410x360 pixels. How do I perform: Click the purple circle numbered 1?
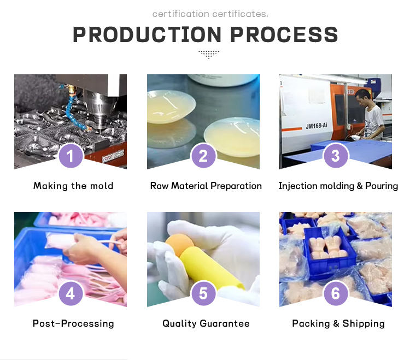[x=71, y=156]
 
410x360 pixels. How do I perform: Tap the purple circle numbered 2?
[x=203, y=156]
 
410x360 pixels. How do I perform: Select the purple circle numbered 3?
[x=336, y=156]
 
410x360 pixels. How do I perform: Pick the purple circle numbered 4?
[x=71, y=293]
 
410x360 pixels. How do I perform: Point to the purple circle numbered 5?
[x=203, y=293]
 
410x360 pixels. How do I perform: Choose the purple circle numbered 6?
[x=336, y=293]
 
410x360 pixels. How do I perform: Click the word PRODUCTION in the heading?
[x=147, y=34]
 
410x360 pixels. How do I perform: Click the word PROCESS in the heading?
[x=284, y=34]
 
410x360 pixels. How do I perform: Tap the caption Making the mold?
[x=73, y=186]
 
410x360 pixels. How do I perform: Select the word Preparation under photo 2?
[x=236, y=186]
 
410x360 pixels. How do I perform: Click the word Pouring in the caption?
[x=382, y=186]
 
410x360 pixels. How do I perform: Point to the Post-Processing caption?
[x=73, y=323]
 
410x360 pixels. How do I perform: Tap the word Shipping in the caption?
[x=364, y=323]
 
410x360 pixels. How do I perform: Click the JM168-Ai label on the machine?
[x=317, y=126]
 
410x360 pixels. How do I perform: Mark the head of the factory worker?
[x=363, y=96]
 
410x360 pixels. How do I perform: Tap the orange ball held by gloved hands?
[x=179, y=245]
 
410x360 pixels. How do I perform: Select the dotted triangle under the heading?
[x=209, y=54]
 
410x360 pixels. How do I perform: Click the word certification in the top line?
[x=181, y=14]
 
